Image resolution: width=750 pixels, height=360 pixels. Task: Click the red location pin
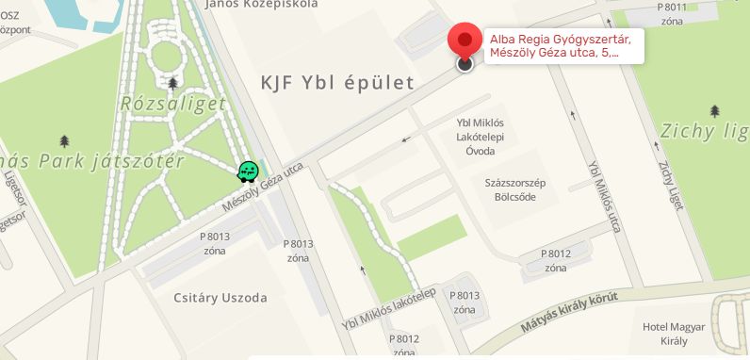click(x=465, y=39)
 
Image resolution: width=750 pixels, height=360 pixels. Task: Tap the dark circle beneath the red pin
click(x=465, y=64)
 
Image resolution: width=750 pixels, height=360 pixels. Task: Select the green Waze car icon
click(x=248, y=171)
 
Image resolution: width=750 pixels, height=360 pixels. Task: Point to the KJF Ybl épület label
click(x=337, y=83)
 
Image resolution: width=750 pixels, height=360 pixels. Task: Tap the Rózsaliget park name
click(x=172, y=104)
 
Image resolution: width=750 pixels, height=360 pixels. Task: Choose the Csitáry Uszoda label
click(x=220, y=298)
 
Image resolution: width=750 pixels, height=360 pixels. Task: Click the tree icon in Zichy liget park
click(x=715, y=111)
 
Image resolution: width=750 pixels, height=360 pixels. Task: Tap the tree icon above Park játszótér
click(x=64, y=141)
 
